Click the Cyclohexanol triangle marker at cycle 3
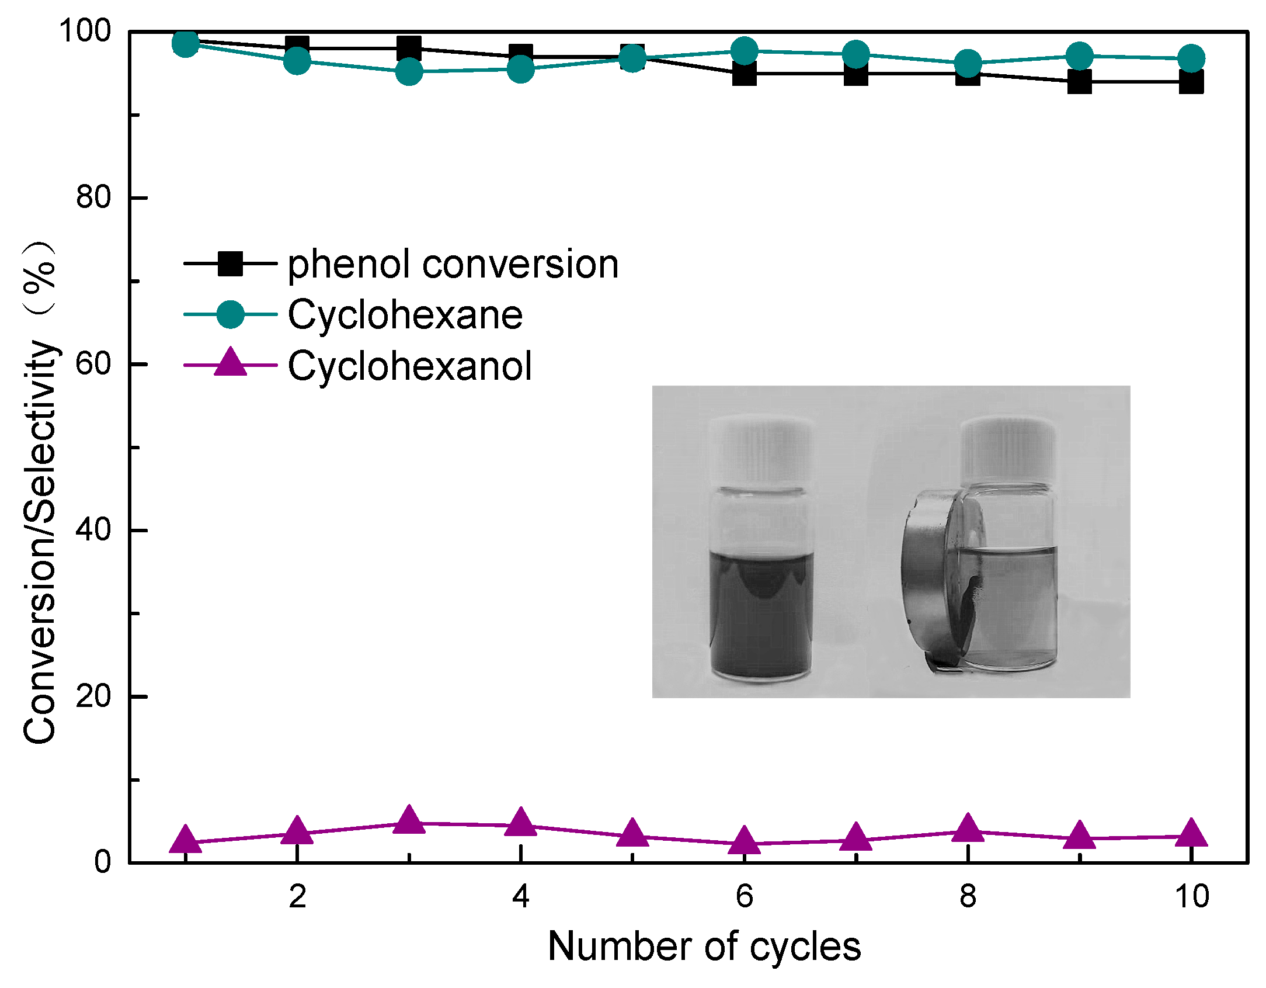pyautogui.click(x=409, y=820)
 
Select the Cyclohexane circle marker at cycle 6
pyautogui.click(x=744, y=51)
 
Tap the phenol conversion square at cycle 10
pyautogui.click(x=1191, y=82)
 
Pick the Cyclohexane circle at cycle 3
pyautogui.click(x=409, y=71)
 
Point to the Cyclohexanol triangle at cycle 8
pyautogui.click(x=968, y=828)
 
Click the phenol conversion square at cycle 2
pyautogui.click(x=297, y=47)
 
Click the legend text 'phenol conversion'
pyautogui.click(x=453, y=265)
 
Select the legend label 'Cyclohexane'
pyautogui.click(x=405, y=316)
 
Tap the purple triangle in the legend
pyautogui.click(x=230, y=363)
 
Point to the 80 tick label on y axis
pyautogui.click(x=93, y=197)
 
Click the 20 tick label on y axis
pyautogui.click(x=93, y=696)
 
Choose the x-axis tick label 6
pyautogui.click(x=744, y=896)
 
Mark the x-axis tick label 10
pyautogui.click(x=1191, y=896)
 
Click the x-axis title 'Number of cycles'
pyautogui.click(x=704, y=947)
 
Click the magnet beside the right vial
pyautogui.click(x=928, y=578)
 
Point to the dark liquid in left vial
pyautogui.click(x=760, y=619)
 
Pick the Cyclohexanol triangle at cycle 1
pyautogui.click(x=185, y=840)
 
